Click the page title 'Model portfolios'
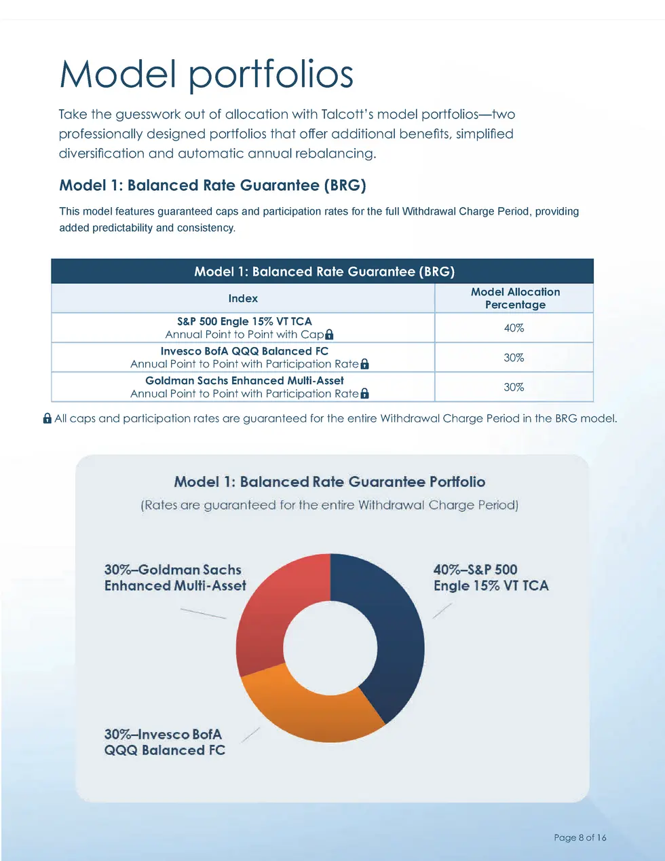point(206,74)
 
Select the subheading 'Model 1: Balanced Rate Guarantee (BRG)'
point(212,185)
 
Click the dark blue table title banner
point(323,272)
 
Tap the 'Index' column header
point(243,299)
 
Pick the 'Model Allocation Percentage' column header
point(515,298)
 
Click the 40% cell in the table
point(514,328)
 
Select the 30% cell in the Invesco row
point(514,358)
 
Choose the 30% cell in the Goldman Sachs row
point(514,387)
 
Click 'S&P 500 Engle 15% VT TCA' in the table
point(244,321)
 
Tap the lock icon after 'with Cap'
point(329,335)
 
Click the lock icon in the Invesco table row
point(364,364)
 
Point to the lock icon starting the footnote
point(47,418)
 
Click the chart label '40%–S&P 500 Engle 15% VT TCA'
point(491,578)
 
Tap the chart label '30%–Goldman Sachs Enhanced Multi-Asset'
point(174,578)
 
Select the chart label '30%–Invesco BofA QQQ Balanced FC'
point(164,742)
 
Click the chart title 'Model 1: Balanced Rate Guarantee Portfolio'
point(330,482)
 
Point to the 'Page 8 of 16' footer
point(579,837)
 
